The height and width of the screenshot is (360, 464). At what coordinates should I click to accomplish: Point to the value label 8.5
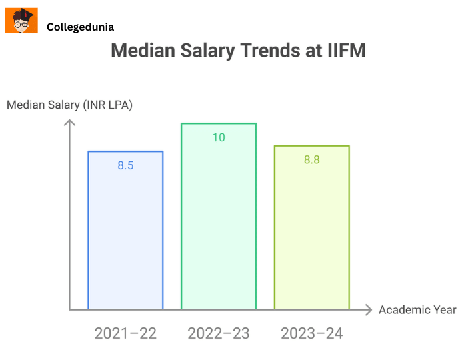click(125, 165)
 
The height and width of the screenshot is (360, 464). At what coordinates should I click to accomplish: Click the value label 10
click(219, 137)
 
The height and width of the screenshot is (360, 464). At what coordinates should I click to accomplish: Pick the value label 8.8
click(312, 160)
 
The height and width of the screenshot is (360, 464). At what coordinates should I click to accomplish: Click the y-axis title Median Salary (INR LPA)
click(70, 105)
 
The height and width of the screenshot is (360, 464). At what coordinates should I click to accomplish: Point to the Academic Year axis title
click(417, 309)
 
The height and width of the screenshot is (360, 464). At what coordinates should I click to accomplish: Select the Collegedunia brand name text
click(80, 27)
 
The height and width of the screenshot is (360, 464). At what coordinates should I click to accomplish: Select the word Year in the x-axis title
click(444, 309)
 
